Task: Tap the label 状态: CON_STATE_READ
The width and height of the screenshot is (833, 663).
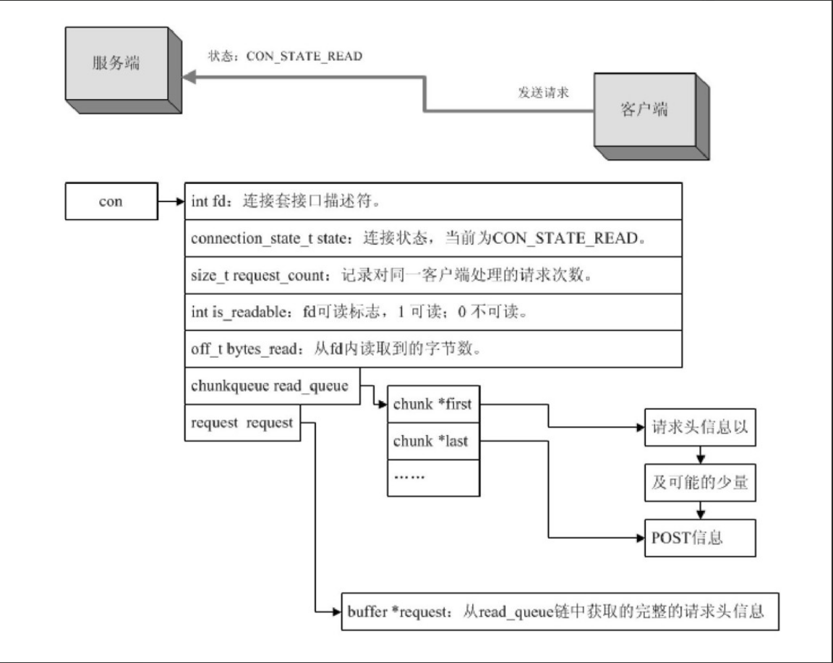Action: tap(284, 56)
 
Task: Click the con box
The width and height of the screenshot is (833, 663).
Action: tap(111, 202)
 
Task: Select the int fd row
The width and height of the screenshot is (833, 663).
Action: tap(433, 201)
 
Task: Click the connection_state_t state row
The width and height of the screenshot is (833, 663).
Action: tap(433, 239)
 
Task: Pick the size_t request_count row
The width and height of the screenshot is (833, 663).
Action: tap(433, 276)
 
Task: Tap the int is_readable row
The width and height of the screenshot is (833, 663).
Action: tap(433, 313)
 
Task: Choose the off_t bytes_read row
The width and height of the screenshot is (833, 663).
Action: tap(433, 350)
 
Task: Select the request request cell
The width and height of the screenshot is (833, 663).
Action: tap(242, 423)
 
